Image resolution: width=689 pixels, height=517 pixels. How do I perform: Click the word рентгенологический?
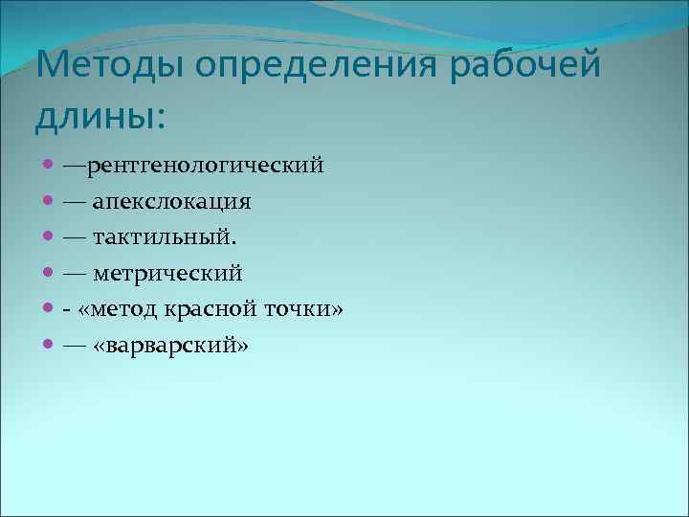(x=206, y=168)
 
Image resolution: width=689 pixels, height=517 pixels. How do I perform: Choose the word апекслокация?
(x=172, y=203)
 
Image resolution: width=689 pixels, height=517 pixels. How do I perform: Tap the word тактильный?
(x=160, y=238)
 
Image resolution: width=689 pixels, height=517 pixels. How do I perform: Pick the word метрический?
(x=168, y=275)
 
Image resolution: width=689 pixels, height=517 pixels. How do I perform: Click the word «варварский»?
(x=170, y=346)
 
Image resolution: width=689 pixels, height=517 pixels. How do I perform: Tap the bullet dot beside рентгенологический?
(x=49, y=168)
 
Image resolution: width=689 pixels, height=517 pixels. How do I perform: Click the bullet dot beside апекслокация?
(x=49, y=203)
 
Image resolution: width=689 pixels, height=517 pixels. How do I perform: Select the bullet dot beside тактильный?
(x=49, y=238)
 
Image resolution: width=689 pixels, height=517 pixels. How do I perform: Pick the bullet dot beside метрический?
(x=49, y=274)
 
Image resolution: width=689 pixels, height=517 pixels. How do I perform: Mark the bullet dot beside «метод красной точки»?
(x=49, y=310)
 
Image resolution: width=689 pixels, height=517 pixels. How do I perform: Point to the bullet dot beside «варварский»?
(x=49, y=346)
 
